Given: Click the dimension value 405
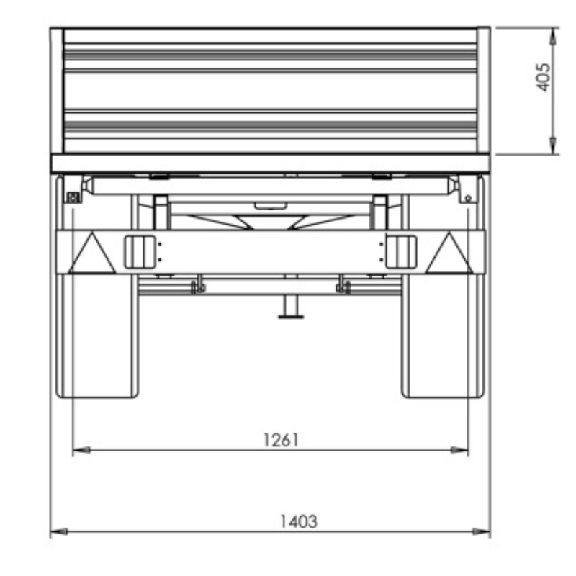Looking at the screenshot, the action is (544, 78).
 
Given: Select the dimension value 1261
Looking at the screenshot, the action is (281, 440).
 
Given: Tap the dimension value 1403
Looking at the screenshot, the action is (299, 521).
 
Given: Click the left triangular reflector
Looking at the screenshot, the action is (92, 253).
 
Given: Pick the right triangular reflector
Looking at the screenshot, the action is (449, 253).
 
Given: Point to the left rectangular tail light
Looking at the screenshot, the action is (140, 252).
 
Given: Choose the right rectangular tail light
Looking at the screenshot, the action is (401, 252).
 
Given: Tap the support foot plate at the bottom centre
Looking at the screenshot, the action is (291, 317).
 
